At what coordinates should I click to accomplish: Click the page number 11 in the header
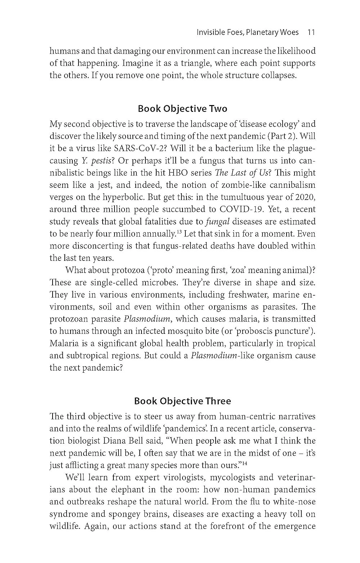click(311, 32)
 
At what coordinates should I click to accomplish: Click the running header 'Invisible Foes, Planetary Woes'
click(248, 32)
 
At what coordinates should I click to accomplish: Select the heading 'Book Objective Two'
click(183, 109)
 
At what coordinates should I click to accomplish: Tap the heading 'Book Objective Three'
click(183, 401)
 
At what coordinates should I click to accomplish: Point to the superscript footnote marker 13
click(178, 232)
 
